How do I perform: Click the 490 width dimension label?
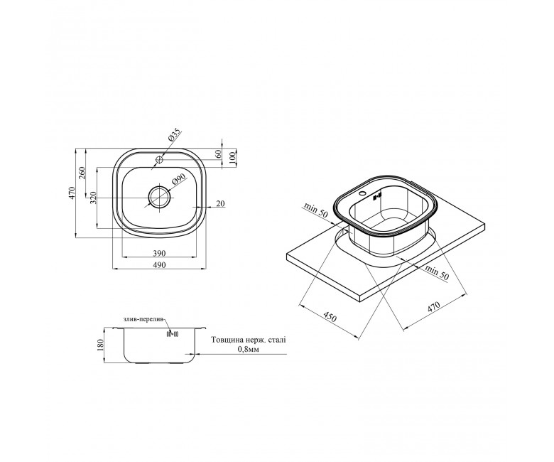[159, 264]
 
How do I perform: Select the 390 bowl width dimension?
[159, 253]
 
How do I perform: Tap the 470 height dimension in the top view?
[72, 193]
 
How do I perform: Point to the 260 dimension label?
[82, 172]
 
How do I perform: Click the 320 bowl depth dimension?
[93, 198]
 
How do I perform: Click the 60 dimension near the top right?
[218, 154]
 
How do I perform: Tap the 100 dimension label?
[232, 156]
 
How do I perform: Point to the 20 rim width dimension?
[220, 203]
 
